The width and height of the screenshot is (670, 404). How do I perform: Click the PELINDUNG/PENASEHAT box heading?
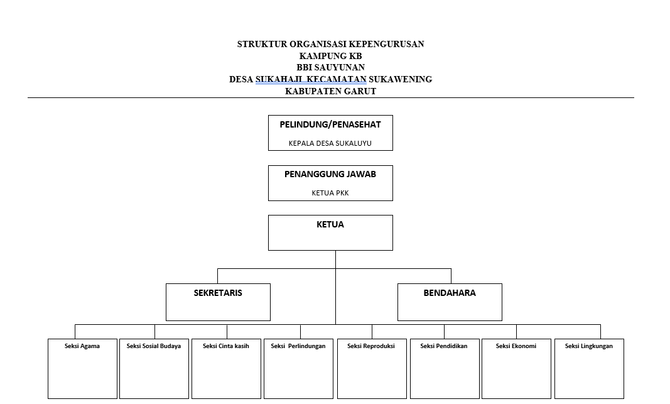pyautogui.click(x=330, y=124)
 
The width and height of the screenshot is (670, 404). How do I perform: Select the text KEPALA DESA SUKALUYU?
pyautogui.click(x=330, y=143)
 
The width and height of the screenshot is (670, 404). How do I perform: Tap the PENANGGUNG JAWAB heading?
pyautogui.click(x=330, y=174)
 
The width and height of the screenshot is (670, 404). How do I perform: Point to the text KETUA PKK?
pyautogui.click(x=330, y=193)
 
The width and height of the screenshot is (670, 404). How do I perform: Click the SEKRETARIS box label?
pyautogui.click(x=218, y=293)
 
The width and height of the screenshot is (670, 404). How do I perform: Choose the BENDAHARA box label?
pyautogui.click(x=450, y=293)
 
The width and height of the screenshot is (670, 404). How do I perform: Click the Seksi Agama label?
pyautogui.click(x=82, y=346)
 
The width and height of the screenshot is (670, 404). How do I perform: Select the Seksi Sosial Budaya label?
pyautogui.click(x=154, y=346)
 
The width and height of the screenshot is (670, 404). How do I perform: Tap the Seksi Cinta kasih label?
pyautogui.click(x=226, y=346)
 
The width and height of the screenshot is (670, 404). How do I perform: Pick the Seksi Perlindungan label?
pyautogui.click(x=298, y=346)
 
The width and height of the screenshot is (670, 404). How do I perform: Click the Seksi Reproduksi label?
pyautogui.click(x=371, y=346)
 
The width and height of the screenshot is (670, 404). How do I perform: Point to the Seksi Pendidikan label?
pyautogui.click(x=444, y=346)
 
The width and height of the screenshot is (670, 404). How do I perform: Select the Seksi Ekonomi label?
pyautogui.click(x=516, y=346)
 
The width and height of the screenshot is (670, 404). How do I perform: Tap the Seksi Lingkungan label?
pyautogui.click(x=589, y=346)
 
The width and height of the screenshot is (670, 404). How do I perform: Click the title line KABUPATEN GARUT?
pyautogui.click(x=331, y=91)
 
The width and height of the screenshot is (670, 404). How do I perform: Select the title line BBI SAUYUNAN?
pyautogui.click(x=331, y=67)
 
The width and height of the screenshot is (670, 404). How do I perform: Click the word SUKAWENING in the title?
pyautogui.click(x=401, y=79)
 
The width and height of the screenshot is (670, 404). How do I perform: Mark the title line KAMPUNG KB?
pyautogui.click(x=331, y=56)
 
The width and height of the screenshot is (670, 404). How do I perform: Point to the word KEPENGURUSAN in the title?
pyautogui.click(x=386, y=44)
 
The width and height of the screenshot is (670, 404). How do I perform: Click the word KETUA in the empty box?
pyautogui.click(x=330, y=224)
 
